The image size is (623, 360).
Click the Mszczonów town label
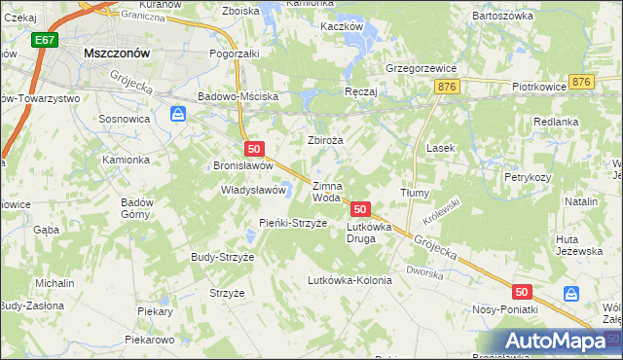click(x=116, y=54)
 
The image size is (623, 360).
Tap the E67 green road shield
click(x=42, y=40)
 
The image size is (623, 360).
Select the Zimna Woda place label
click(x=326, y=192)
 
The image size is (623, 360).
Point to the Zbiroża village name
click(x=326, y=140)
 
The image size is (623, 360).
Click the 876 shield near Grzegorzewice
click(x=447, y=87)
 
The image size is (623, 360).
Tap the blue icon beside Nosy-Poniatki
click(x=571, y=293)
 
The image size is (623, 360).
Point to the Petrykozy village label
click(x=528, y=178)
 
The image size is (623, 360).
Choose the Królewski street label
click(x=442, y=204)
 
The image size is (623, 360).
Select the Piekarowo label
click(x=149, y=341)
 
